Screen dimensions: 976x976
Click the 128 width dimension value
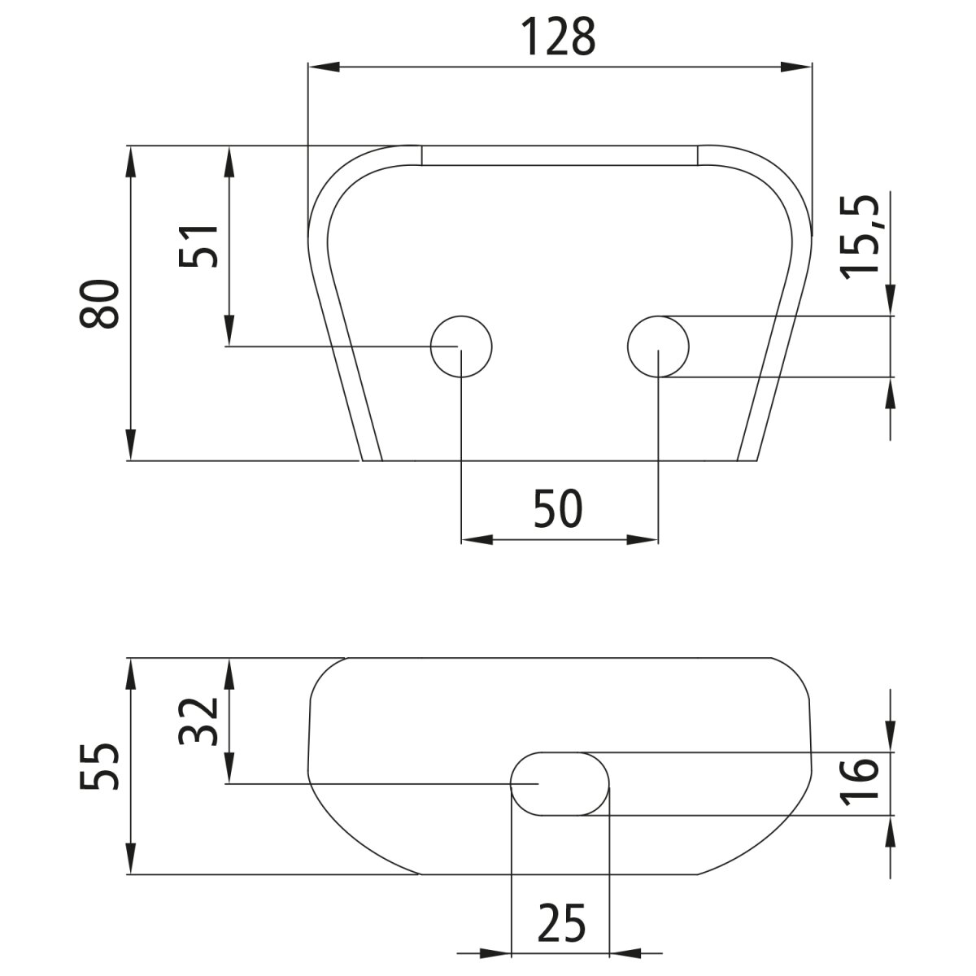pyautogui.click(x=558, y=37)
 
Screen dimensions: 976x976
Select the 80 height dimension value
pyautogui.click(x=101, y=303)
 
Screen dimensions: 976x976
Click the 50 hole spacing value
pyautogui.click(x=559, y=510)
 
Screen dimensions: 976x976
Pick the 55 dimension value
pyautogui.click(x=101, y=766)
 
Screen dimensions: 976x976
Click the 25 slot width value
pyautogui.click(x=561, y=923)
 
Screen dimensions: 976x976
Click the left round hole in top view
pyautogui.click(x=462, y=346)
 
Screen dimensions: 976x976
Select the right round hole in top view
pyautogui.click(x=658, y=346)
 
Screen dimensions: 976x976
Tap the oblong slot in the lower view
pyautogui.click(x=560, y=783)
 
